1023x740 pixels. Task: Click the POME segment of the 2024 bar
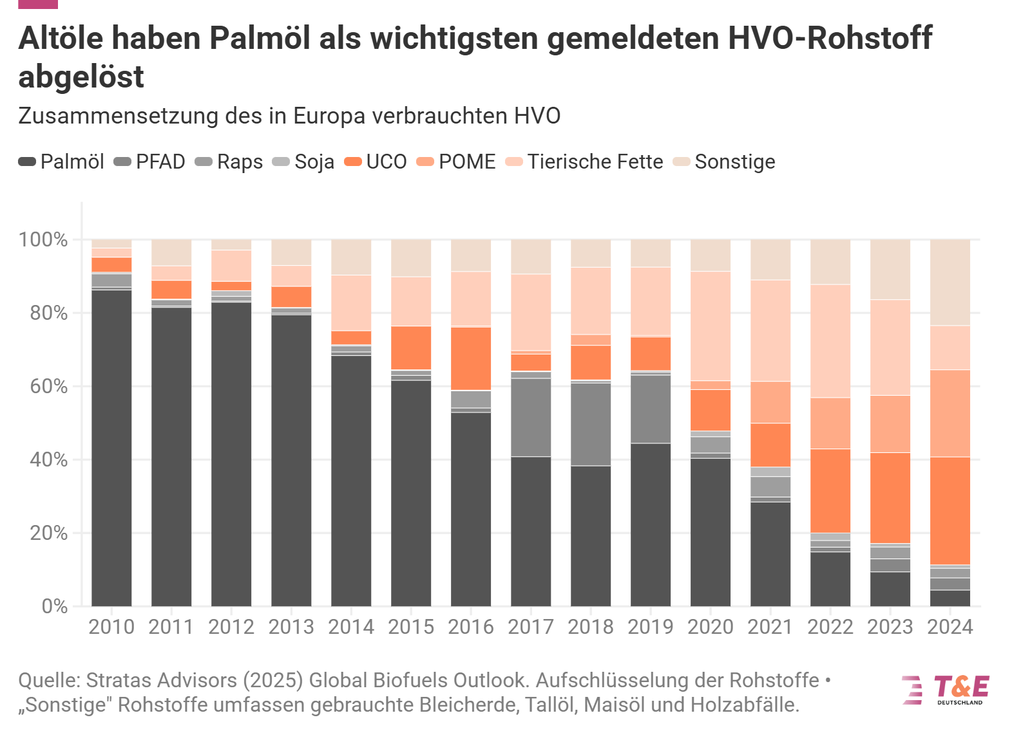[x=950, y=413]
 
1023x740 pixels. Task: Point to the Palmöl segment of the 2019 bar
[x=650, y=524]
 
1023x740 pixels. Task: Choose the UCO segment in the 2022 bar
[x=830, y=490]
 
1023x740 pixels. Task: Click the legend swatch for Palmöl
[x=27, y=162]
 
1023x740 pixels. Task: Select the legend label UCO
[x=386, y=162]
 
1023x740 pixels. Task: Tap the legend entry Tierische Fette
[x=595, y=162]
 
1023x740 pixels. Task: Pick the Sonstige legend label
[x=734, y=162]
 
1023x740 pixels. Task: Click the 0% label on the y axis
[x=54, y=606]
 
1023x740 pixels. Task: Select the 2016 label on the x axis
[x=471, y=627]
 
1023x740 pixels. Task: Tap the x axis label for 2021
[x=770, y=627]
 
